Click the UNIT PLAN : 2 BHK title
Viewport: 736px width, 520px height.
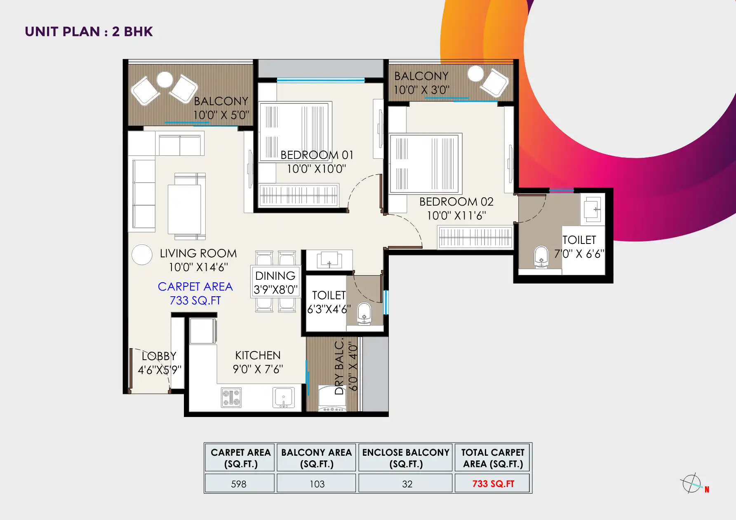pos(89,32)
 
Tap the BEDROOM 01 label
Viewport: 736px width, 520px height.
pos(317,155)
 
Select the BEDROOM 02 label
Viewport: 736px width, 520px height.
pos(456,202)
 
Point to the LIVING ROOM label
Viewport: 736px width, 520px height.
pos(198,253)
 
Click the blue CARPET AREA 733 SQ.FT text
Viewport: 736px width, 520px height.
pos(195,293)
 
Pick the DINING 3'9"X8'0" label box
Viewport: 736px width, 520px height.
pos(275,282)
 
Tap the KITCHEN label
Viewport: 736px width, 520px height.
pos(258,356)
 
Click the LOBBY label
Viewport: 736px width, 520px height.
pos(159,356)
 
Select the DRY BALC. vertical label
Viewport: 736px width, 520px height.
pos(339,367)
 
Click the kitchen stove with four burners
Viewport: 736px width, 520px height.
pos(231,398)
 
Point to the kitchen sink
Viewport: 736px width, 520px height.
pos(283,398)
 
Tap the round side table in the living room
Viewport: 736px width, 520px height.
pos(142,255)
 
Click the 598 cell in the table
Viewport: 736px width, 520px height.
pos(239,484)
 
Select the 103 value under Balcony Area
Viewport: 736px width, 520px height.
pos(317,484)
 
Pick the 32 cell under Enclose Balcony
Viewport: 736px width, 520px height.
pos(407,484)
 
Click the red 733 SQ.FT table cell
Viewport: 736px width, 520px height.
pos(493,484)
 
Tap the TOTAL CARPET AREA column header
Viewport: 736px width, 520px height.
pos(493,458)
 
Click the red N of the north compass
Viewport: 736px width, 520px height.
pos(707,490)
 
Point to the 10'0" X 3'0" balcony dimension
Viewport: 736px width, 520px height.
pos(421,90)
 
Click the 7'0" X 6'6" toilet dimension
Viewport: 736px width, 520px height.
pos(579,254)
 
